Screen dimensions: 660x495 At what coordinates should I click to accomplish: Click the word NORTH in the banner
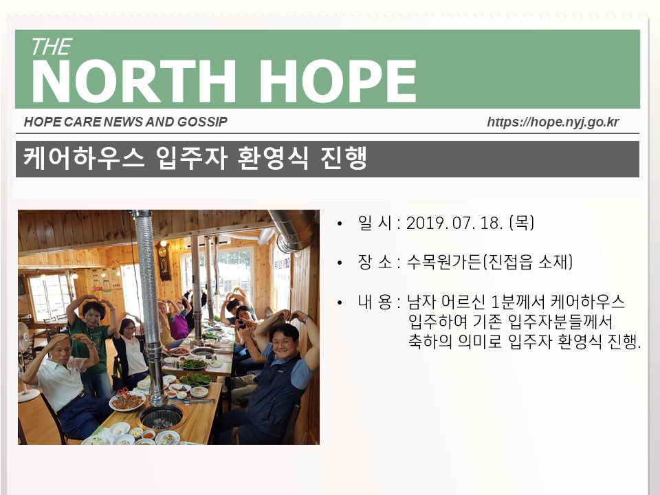133,81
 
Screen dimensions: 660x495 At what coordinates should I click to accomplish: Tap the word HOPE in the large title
338,81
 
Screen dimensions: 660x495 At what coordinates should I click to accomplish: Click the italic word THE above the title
52,47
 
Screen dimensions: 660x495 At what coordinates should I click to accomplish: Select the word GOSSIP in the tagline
202,122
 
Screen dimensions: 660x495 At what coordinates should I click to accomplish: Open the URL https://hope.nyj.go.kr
553,122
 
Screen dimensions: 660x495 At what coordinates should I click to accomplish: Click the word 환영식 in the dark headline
273,158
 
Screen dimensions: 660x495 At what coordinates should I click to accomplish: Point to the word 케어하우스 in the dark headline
84,158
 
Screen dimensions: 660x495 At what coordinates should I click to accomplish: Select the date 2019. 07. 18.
454,223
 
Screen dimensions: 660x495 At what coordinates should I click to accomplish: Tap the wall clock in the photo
164,261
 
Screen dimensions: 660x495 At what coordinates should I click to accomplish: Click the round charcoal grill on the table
161,417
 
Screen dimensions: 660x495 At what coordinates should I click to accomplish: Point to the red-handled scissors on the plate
123,394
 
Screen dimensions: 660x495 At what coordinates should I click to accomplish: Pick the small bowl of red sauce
148,434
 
